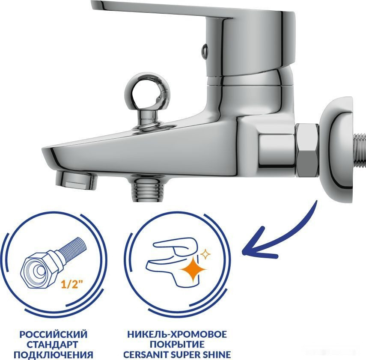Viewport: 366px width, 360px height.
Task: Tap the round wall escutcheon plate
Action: [336, 149]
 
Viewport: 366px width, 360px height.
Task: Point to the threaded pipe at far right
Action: [360, 150]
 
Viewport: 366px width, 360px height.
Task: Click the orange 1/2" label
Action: [71, 284]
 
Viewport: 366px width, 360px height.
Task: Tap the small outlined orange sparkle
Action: [205, 254]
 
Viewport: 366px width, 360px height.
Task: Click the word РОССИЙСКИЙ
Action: [54, 334]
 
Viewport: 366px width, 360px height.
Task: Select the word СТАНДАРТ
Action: [52, 345]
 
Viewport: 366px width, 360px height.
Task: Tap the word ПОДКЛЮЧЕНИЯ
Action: [54, 355]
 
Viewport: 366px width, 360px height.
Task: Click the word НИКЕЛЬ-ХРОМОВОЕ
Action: [177, 334]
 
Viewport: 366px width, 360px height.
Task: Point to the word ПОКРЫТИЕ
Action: [177, 344]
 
